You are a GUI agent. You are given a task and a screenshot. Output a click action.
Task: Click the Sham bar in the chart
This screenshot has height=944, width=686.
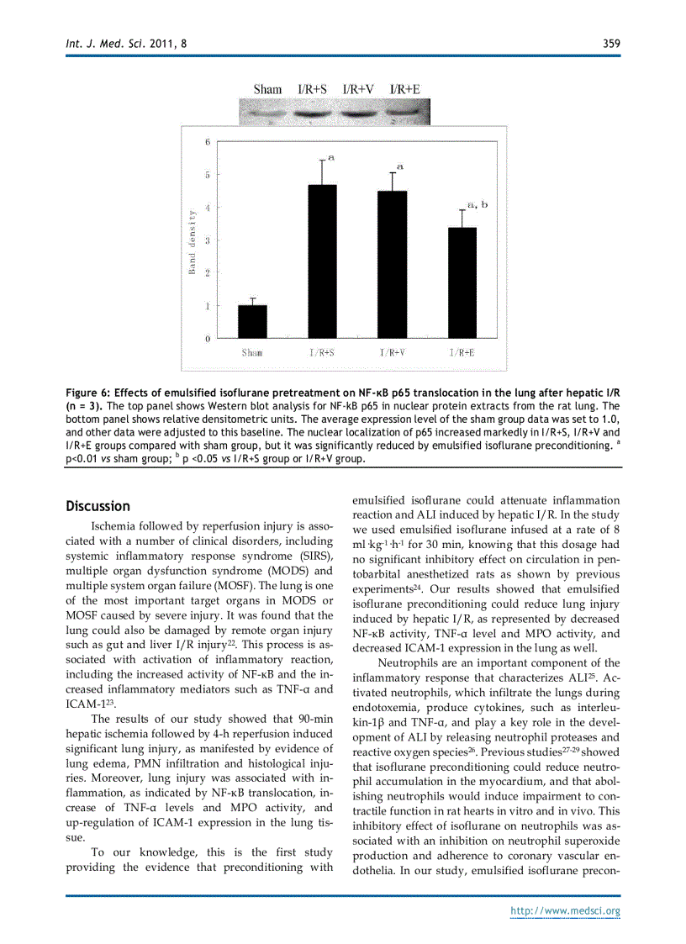coord(252,321)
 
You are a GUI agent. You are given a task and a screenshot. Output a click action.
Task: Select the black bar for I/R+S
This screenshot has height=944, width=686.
coord(322,261)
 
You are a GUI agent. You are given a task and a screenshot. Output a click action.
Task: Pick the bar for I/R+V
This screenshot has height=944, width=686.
coord(393,265)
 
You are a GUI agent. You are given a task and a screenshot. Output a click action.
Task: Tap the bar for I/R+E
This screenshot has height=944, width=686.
coord(462,282)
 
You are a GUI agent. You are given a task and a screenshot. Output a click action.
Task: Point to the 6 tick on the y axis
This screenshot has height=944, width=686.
coord(208,142)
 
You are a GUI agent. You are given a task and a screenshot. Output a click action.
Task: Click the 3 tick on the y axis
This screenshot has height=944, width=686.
coord(208,240)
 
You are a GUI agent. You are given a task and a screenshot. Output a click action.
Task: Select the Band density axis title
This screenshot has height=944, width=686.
coord(192,242)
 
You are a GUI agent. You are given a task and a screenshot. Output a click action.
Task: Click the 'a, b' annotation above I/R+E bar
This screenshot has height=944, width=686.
coord(478,204)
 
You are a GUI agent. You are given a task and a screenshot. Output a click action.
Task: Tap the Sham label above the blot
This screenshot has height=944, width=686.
coord(267,89)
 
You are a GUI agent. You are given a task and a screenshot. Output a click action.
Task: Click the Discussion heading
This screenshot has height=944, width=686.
coord(98,506)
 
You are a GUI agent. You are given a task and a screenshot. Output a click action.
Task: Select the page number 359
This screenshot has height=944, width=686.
coord(611,44)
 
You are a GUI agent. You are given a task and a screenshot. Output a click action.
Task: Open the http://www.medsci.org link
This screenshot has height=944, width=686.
coord(566,911)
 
